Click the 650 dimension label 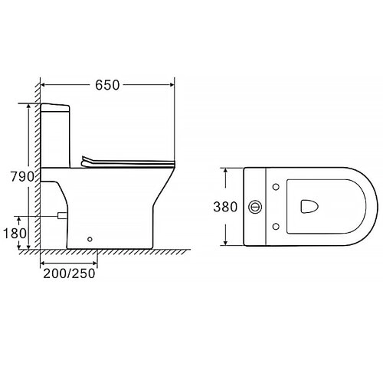click(x=107, y=85)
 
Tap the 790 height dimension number click(x=22, y=176)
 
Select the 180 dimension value click(x=15, y=233)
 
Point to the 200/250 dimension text click(x=69, y=273)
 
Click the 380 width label click(x=225, y=207)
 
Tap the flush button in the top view click(x=255, y=207)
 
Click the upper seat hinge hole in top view click(x=276, y=187)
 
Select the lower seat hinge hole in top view click(x=276, y=226)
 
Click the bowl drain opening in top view click(x=309, y=206)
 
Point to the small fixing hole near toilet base click(x=90, y=239)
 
